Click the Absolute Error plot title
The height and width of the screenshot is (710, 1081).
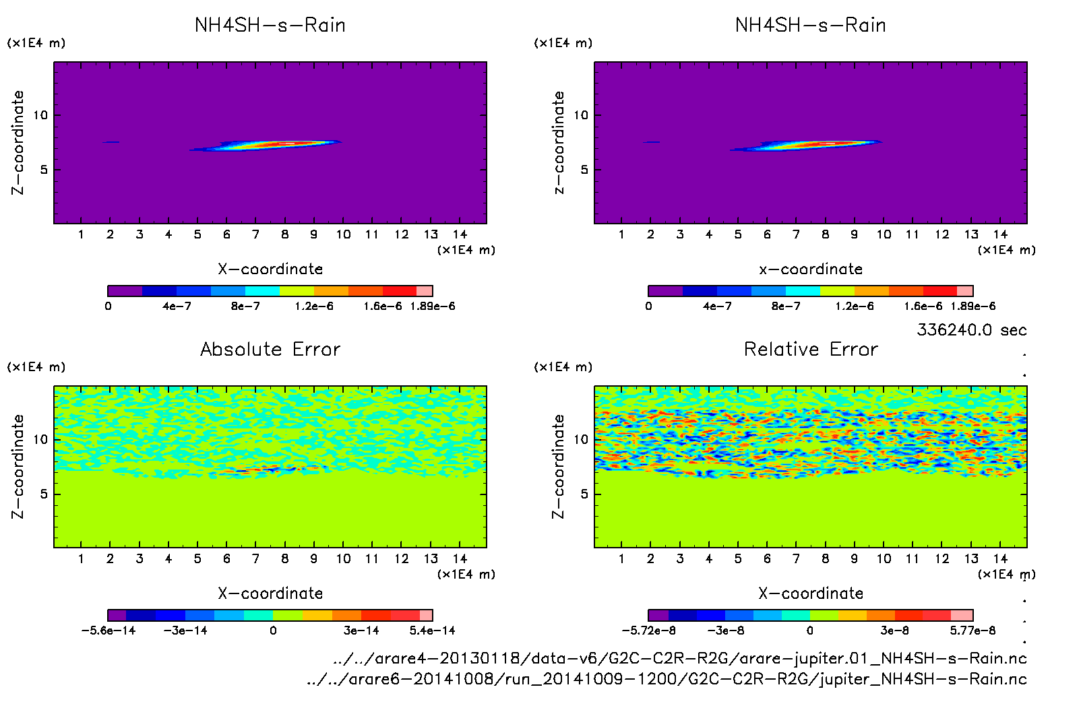pos(270,350)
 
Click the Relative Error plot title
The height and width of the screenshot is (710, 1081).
pos(811,350)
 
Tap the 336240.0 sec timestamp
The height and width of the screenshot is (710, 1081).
pos(971,330)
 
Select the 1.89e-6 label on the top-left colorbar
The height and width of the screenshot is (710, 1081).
pos(433,306)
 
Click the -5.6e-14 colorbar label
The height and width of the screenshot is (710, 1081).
pos(109,631)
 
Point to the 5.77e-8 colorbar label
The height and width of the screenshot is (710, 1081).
pos(972,631)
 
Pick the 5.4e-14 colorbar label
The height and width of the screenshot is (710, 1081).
pos(432,631)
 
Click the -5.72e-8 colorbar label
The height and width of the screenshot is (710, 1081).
pos(649,631)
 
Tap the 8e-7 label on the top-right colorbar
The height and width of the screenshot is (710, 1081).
pos(786,306)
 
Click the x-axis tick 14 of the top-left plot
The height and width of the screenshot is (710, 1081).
pos(460,234)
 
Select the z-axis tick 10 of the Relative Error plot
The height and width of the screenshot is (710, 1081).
pos(581,439)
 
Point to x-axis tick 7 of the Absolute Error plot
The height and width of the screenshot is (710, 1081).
pos(255,559)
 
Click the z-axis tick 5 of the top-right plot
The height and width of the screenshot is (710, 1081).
pos(584,170)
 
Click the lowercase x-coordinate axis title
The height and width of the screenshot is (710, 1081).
pos(811,269)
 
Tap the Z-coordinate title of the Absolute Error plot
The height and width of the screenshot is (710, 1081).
pos(18,466)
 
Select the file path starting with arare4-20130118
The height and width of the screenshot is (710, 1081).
pos(679,658)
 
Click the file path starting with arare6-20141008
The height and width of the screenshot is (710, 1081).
pos(667,679)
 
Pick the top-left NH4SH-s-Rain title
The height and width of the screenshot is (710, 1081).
pos(270,26)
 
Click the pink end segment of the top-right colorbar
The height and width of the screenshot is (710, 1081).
pos(965,291)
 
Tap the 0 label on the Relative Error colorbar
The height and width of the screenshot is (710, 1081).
pos(810,631)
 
